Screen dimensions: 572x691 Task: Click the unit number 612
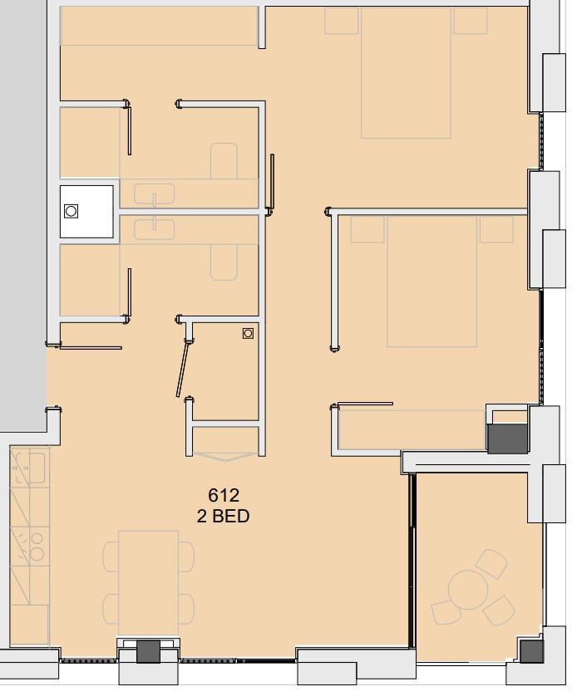pos(224,495)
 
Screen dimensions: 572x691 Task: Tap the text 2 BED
pos(223,516)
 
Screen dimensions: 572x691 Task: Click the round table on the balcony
pos(468,590)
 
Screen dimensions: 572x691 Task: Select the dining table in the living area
pos(149,583)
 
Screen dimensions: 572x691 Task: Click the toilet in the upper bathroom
pos(224,161)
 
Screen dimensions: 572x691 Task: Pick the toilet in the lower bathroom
pos(224,262)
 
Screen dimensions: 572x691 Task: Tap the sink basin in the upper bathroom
pos(155,194)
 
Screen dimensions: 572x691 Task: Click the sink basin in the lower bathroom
pos(155,229)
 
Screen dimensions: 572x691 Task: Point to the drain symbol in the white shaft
pos(71,211)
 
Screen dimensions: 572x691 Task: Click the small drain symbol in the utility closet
pos(248,333)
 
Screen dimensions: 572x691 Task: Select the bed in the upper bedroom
pos(407,73)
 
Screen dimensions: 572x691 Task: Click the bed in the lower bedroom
pos(432,282)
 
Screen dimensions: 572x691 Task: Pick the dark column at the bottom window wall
pos(148,651)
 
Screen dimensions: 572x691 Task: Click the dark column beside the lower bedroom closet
pos(507,439)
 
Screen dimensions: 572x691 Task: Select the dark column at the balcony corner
pos(531,651)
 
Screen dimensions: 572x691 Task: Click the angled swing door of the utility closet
pos(183,369)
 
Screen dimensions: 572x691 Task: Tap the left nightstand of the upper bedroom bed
pos(342,21)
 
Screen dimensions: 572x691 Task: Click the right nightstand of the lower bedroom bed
pos(496,229)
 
